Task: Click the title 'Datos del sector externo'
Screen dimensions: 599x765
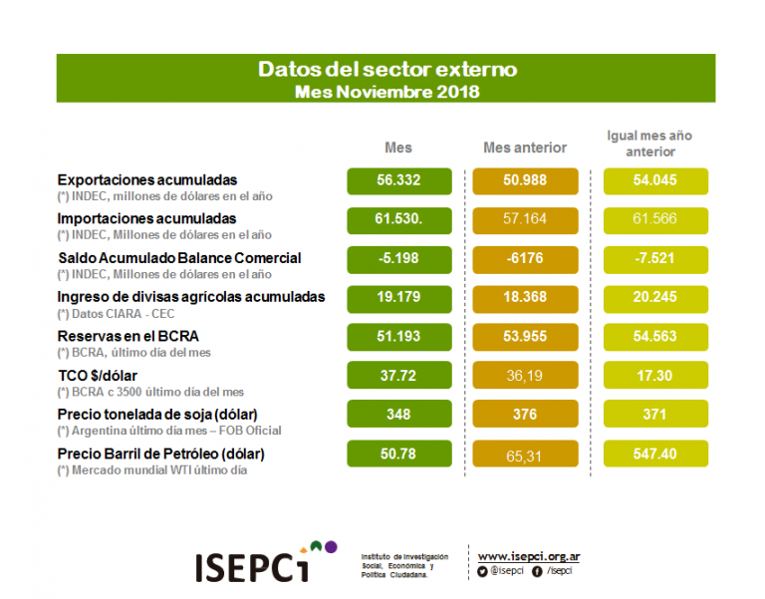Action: (x=387, y=70)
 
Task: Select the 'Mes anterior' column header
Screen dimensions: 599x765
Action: (x=525, y=148)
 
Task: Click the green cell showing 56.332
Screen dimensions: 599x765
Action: (x=398, y=181)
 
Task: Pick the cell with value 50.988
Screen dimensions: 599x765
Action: (x=525, y=181)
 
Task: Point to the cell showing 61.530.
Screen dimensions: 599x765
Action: (x=398, y=219)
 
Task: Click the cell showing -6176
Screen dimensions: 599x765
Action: (x=525, y=258)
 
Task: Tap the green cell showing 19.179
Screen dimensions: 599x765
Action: (x=398, y=297)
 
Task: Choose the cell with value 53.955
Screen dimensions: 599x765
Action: (x=525, y=336)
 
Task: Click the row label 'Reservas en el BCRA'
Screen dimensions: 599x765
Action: (x=128, y=336)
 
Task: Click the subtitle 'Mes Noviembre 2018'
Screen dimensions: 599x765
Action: (x=387, y=92)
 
